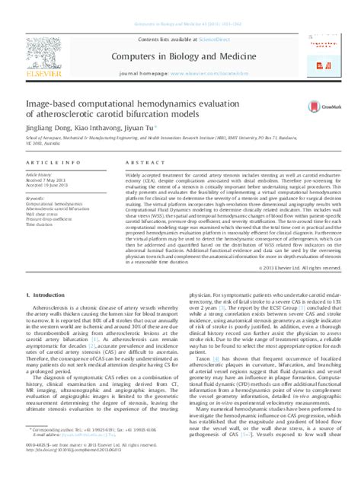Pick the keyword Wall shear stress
tap(43, 215)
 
